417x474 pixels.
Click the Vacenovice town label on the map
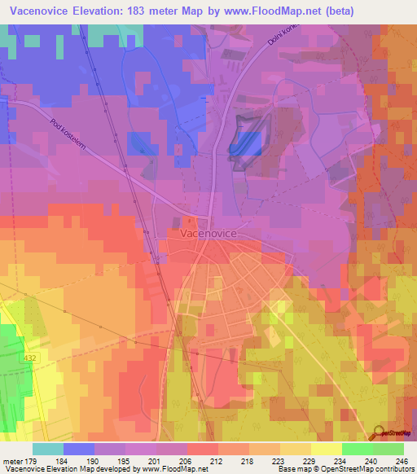click(204, 233)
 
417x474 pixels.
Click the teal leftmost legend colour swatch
click(48, 448)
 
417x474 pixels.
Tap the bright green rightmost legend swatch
click(388, 448)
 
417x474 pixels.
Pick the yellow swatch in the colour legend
click(327, 448)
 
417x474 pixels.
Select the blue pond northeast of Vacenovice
click(247, 143)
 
